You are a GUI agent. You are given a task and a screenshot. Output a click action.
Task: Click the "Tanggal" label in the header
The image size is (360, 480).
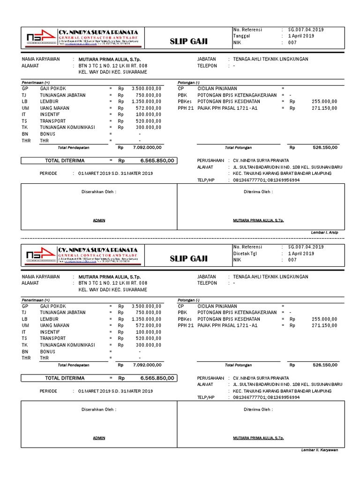(x=242, y=36)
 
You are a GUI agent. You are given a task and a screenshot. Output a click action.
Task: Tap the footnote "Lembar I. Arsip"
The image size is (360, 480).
(x=324, y=232)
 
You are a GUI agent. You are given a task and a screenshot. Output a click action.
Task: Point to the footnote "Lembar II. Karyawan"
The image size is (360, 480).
(x=319, y=450)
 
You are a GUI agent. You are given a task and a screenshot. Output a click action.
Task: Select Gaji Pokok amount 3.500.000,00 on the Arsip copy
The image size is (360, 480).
(x=146, y=88)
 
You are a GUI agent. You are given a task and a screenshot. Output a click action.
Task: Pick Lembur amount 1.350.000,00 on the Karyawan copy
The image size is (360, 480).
(x=146, y=319)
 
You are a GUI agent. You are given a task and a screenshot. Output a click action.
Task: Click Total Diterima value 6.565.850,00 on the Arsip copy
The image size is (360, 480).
(x=157, y=160)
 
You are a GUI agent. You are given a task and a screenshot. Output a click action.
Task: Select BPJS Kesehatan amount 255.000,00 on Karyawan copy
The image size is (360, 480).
(x=324, y=319)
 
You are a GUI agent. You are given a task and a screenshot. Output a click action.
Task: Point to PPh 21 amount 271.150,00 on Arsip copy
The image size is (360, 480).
(x=324, y=108)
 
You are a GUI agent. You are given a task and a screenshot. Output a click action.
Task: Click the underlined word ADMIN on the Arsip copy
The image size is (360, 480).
(x=99, y=220)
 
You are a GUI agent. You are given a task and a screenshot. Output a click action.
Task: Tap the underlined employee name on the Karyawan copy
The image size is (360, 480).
(x=258, y=438)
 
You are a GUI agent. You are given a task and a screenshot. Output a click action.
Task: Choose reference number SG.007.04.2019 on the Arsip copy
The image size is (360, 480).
(x=306, y=30)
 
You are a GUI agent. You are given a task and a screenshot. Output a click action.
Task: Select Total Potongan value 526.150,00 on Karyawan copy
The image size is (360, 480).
(x=324, y=365)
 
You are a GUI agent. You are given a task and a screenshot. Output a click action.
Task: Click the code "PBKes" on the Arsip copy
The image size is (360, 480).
(x=185, y=101)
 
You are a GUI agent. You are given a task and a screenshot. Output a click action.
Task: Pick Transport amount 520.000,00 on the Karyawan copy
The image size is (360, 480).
(x=146, y=338)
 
